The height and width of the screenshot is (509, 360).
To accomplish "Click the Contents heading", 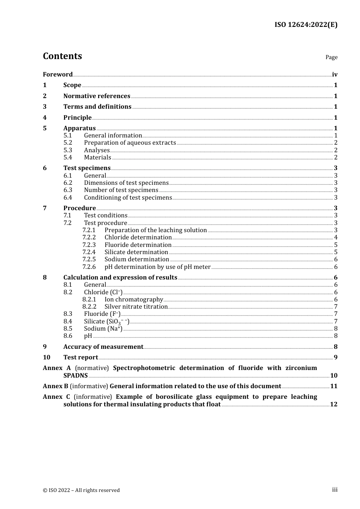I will [62, 56].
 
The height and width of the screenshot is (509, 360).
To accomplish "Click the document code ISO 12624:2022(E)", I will [306, 25].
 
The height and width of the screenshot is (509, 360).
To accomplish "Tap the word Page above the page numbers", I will [331, 57].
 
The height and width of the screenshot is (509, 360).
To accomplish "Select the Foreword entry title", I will [58, 74].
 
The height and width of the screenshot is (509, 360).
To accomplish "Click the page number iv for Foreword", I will [335, 74].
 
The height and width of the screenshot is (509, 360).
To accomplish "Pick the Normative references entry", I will [97, 96].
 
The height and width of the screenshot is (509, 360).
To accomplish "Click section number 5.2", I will [68, 143].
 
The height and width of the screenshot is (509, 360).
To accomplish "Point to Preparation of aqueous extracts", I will [130, 143].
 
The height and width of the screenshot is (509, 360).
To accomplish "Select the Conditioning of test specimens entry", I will [128, 197].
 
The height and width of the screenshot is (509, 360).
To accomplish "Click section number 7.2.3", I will [89, 245].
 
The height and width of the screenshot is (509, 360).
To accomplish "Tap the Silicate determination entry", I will [136, 252].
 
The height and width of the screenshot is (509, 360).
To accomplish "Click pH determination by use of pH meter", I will [158, 267].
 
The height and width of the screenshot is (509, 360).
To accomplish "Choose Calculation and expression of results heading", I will [120, 277].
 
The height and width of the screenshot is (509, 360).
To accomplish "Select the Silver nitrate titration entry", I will [136, 307].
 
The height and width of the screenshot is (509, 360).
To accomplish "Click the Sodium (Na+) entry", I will [103, 329].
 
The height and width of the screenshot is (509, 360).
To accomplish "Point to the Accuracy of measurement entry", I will [103, 347].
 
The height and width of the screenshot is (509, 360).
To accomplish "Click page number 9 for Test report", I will [335, 357].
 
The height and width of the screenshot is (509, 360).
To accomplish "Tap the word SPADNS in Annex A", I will [75, 375].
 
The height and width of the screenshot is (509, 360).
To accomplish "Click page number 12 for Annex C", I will [333, 404].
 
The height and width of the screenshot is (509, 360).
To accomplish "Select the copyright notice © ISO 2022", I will [81, 490].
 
